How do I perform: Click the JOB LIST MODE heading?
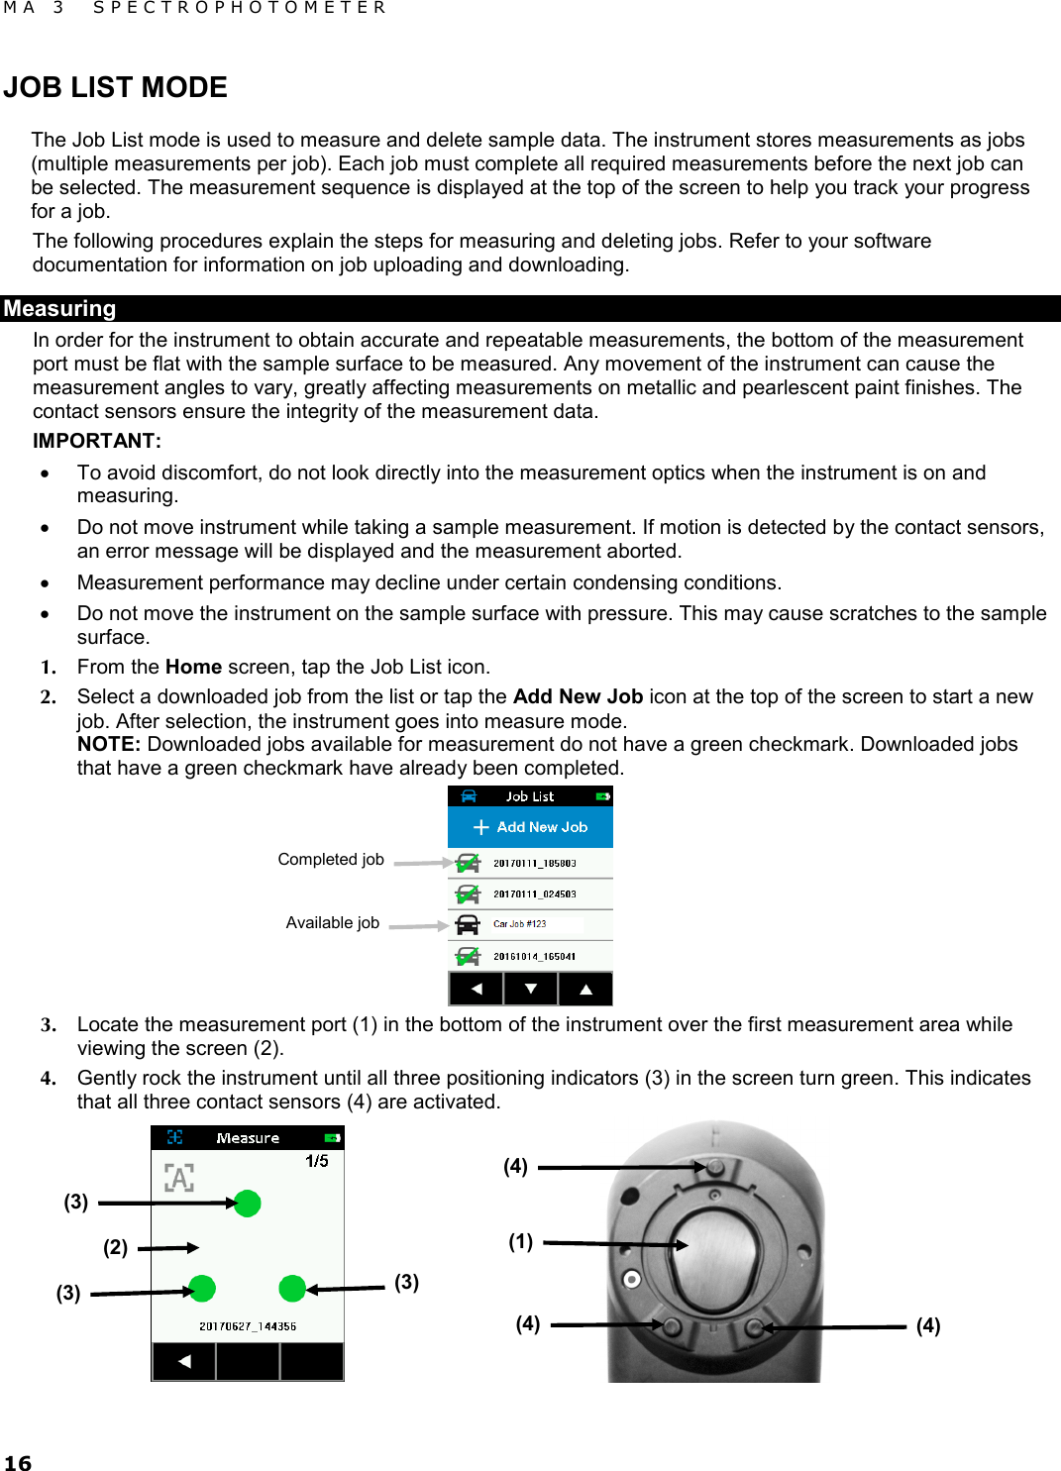pyautogui.click(x=115, y=87)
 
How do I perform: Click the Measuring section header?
pyautogui.click(x=59, y=309)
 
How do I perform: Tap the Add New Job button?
pyautogui.click(x=531, y=827)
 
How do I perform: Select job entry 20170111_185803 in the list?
pyautogui.click(x=534, y=864)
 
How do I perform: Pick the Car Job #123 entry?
pyautogui.click(x=520, y=924)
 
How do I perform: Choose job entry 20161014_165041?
pyautogui.click(x=534, y=957)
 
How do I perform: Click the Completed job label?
pyautogui.click(x=330, y=860)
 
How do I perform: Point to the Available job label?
pyautogui.click(x=332, y=923)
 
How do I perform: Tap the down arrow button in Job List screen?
pyautogui.click(x=531, y=989)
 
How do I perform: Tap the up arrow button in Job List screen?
pyautogui.click(x=585, y=989)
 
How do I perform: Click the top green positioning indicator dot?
pyautogui.click(x=248, y=1203)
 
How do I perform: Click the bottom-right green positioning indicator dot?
pyautogui.click(x=292, y=1288)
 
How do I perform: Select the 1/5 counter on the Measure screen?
pyautogui.click(x=317, y=1161)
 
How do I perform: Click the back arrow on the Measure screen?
pyautogui.click(x=183, y=1362)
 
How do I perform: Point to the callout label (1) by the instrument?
pyautogui.click(x=520, y=1241)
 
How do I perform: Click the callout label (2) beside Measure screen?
pyautogui.click(x=115, y=1247)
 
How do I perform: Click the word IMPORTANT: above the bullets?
pyautogui.click(x=97, y=441)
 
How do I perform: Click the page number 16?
pyautogui.click(x=18, y=1463)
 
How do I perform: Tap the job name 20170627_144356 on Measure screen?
pyautogui.click(x=248, y=1326)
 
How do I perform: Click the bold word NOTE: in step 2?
pyautogui.click(x=109, y=745)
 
